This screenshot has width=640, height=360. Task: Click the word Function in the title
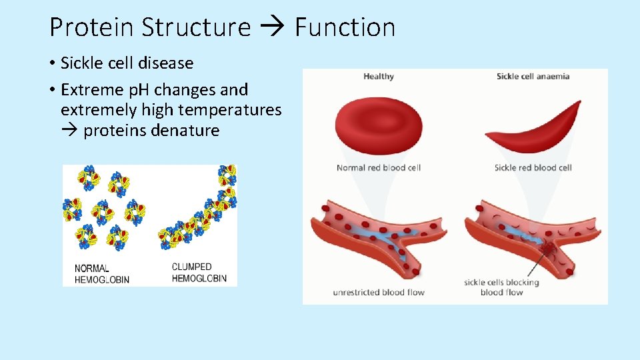[345, 27]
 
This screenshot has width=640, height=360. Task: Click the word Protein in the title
[93, 27]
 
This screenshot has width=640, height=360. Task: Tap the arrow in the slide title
[273, 28]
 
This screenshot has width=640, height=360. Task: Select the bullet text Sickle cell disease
[127, 63]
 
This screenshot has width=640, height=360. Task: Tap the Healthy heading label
[379, 77]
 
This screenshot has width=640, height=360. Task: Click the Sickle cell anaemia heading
[533, 77]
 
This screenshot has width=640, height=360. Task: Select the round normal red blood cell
[379, 125]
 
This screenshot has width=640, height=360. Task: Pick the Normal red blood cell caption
[379, 168]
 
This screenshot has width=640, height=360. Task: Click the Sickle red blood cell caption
[533, 168]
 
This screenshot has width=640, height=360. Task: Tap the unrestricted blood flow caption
[379, 292]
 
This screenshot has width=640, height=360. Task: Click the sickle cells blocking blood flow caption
[501, 287]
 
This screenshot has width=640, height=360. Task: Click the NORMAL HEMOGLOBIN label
[101, 273]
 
